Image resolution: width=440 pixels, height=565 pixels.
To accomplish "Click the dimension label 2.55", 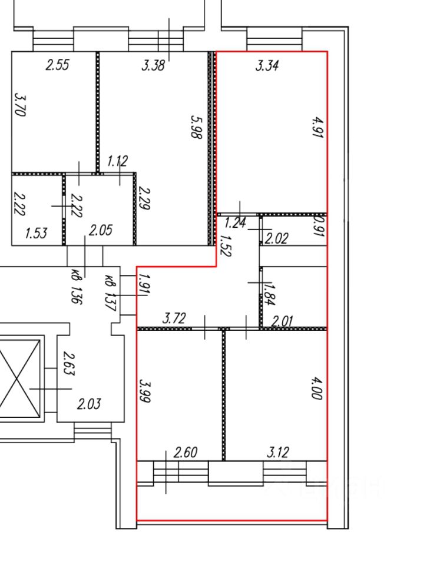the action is pyautogui.click(x=58, y=65).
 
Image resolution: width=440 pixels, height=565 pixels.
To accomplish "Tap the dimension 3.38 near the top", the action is pyautogui.click(x=153, y=65).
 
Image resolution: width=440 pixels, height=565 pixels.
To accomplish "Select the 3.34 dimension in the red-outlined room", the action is pyautogui.click(x=267, y=65).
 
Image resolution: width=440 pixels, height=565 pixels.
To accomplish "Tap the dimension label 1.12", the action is pyautogui.click(x=117, y=161).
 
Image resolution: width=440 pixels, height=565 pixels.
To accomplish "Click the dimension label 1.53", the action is pyautogui.click(x=36, y=234).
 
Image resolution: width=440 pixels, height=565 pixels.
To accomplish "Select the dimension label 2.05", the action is pyautogui.click(x=100, y=231).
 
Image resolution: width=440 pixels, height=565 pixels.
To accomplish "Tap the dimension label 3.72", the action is pyautogui.click(x=174, y=320).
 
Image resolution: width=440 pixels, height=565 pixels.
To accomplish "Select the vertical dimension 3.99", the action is pyautogui.click(x=146, y=390).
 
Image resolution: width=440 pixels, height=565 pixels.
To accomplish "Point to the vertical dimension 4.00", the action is pyautogui.click(x=316, y=390).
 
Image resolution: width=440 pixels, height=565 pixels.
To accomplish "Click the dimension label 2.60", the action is pyautogui.click(x=186, y=453).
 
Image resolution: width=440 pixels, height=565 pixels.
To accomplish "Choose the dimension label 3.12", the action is pyautogui.click(x=278, y=453).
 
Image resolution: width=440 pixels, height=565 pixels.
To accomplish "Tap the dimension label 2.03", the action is pyautogui.click(x=90, y=404).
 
